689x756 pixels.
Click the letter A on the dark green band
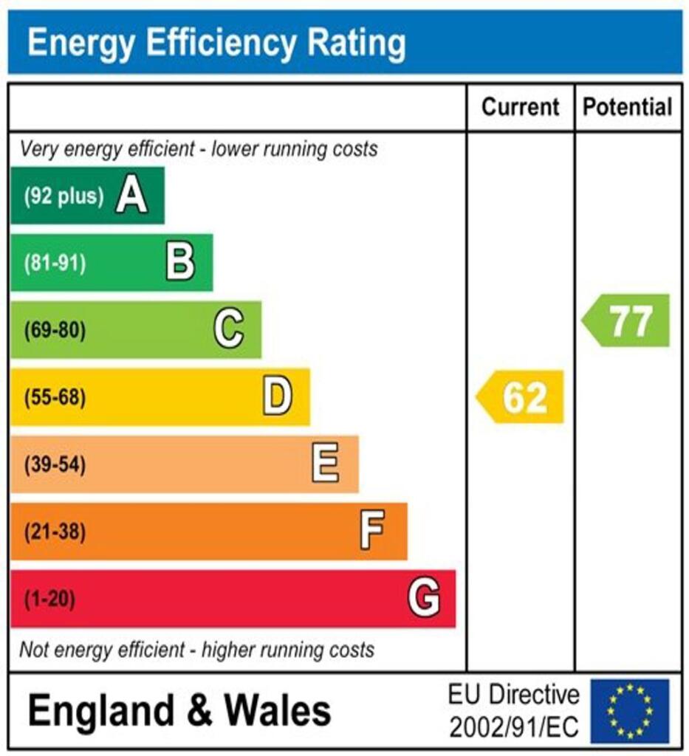[x=131, y=196]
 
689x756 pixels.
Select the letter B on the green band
[x=180, y=263]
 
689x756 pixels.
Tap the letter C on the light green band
[x=229, y=329]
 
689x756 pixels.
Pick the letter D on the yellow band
[x=278, y=397]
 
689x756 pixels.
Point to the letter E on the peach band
[x=326, y=464]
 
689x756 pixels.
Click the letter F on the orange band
[x=372, y=532]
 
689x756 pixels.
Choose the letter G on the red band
[x=424, y=598]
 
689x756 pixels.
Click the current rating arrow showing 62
[x=521, y=397]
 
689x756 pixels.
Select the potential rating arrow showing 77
[x=627, y=320]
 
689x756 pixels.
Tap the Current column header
[x=521, y=107]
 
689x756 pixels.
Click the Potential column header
[x=628, y=107]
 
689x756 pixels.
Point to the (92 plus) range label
[x=64, y=196]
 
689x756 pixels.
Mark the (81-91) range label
[x=55, y=263]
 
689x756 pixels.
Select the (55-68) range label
[x=55, y=397]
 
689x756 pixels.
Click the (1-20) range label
[x=50, y=598]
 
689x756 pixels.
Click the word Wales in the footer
[x=278, y=711]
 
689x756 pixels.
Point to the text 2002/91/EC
[x=514, y=727]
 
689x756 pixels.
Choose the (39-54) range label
[x=55, y=464]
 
